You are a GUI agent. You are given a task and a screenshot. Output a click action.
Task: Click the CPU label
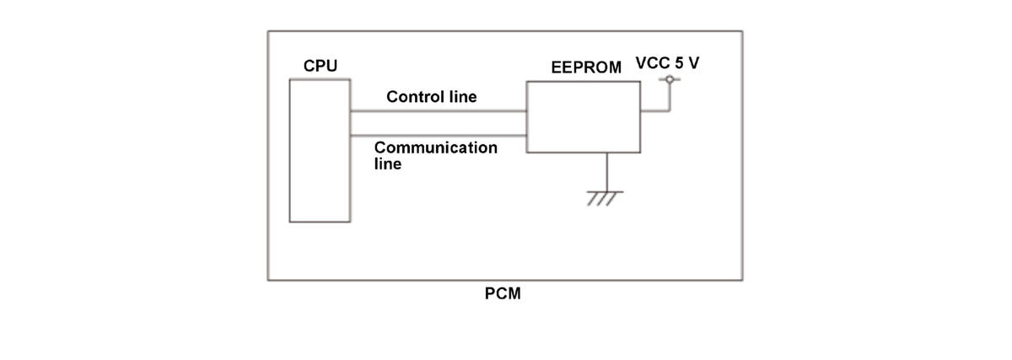point(320,66)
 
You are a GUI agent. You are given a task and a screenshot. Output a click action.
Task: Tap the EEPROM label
point(586,67)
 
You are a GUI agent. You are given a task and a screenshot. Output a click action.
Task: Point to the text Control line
point(432,97)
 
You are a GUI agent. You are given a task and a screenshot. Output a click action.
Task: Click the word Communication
point(435,148)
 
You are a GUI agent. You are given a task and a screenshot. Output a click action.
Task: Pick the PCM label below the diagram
point(503,293)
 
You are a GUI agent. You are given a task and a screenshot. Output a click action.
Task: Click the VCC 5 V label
point(667,62)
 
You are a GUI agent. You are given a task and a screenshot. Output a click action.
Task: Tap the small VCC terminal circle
point(670,79)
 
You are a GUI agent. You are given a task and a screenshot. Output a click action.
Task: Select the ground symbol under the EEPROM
point(606,198)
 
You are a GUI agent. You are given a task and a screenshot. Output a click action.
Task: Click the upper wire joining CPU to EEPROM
point(439,110)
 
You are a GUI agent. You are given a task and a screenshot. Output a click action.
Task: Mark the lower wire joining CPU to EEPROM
point(439,135)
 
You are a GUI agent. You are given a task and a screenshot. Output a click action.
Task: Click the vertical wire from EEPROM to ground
point(606,172)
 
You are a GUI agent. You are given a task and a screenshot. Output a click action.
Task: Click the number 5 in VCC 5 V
point(679,62)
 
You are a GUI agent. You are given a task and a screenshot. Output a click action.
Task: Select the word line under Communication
point(388,164)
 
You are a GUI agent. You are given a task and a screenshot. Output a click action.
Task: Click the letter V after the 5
point(693,62)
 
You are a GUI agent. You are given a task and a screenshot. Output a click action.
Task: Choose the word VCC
point(653,62)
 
